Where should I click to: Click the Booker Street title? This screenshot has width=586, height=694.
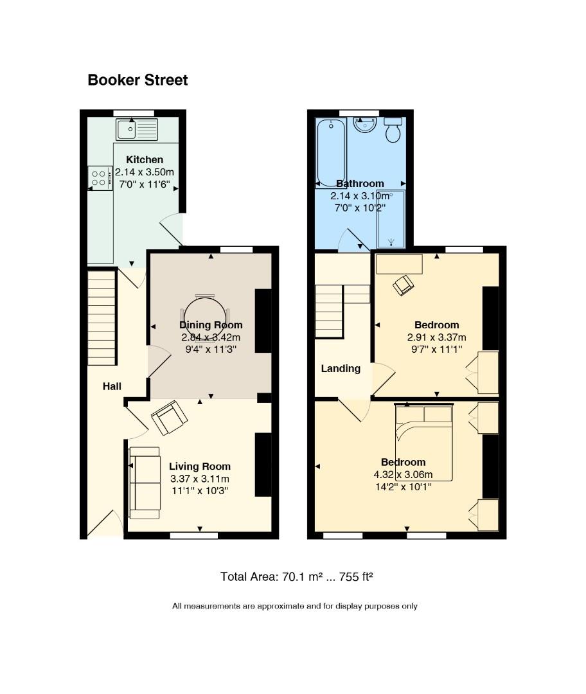coord(138,80)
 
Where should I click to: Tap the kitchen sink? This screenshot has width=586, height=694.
coord(137,129)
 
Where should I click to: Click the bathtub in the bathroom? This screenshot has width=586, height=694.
coord(331,153)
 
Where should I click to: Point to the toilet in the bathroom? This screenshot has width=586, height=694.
coord(393,130)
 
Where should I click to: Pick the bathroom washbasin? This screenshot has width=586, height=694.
coord(365,125)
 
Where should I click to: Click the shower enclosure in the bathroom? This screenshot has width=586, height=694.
coord(391,219)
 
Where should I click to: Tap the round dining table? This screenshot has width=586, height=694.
coord(205,317)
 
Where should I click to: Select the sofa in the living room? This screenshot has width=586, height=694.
coord(145,483)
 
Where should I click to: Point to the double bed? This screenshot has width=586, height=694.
coord(424,442)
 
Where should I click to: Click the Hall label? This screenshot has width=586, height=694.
coord(112,386)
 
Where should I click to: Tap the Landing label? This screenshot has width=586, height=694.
coord(341,369)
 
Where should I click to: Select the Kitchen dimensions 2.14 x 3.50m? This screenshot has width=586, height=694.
coord(145,172)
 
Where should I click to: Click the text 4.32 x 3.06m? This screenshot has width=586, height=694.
coord(404,475)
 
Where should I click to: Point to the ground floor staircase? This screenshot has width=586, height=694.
coord(102,318)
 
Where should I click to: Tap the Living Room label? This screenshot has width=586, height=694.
coord(200,466)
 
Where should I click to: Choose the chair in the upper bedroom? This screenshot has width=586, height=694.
coord(404,285)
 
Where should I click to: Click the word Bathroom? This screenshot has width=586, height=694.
coord(360,184)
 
